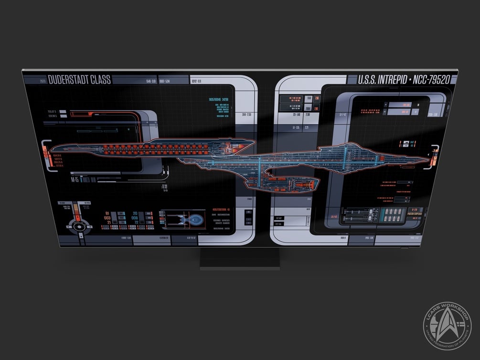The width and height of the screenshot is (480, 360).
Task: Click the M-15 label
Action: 75,180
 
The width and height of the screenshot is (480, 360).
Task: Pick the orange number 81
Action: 107,213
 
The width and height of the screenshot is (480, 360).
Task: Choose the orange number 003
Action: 107,218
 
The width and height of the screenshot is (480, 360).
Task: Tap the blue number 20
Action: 135,213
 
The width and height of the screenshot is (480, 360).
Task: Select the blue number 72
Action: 135,222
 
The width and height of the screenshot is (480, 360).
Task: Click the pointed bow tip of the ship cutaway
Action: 424,159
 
